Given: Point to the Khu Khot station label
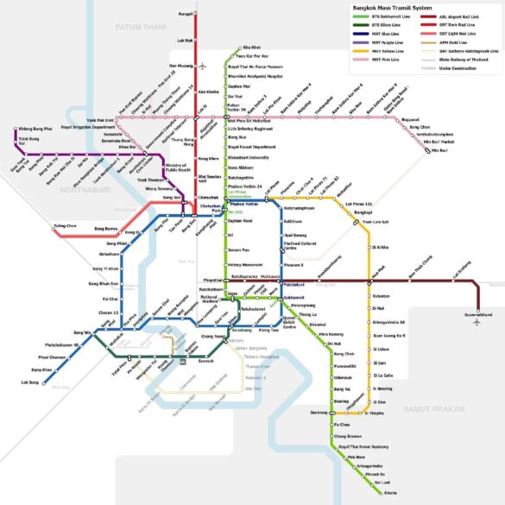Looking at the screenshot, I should tap(251, 46).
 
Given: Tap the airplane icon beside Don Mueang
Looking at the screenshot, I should tap(202, 66).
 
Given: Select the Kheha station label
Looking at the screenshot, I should tap(390, 492).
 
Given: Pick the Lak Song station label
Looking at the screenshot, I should tap(30, 382).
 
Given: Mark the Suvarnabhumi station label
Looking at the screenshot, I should tap(477, 315).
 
